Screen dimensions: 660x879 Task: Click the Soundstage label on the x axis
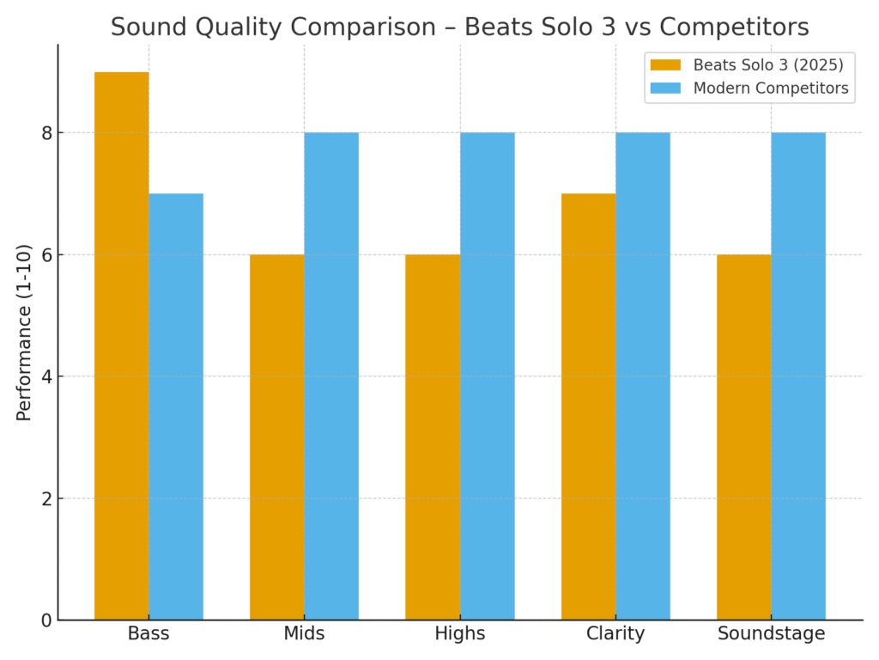point(771,634)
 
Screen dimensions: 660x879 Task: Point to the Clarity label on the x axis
point(615,634)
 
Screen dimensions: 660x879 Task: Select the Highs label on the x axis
point(460,634)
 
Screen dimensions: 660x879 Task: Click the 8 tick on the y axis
point(47,133)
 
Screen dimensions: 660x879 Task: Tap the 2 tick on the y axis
point(47,498)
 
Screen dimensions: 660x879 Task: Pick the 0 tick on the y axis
point(47,620)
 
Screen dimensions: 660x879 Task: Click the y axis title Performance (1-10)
point(24,332)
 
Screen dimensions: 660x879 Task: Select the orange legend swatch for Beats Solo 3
point(665,65)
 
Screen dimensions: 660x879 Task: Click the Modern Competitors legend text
point(770,88)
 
